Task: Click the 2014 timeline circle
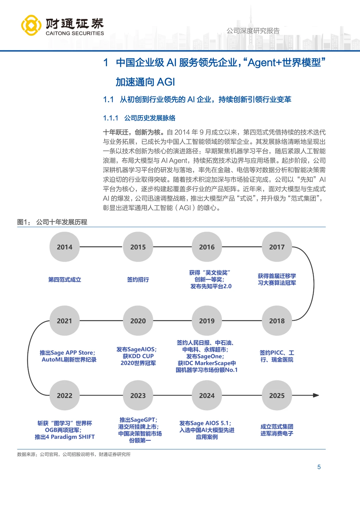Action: [64, 247]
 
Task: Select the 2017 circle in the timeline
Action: [277, 247]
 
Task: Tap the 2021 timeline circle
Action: [64, 321]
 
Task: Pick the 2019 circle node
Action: [207, 321]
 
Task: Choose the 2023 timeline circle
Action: [138, 395]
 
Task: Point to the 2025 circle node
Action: [277, 395]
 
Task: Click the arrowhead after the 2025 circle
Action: [316, 395]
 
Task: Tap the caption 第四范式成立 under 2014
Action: [65, 280]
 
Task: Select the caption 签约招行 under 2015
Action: [138, 280]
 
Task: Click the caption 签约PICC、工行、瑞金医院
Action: [277, 356]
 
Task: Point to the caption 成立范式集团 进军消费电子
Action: [277, 430]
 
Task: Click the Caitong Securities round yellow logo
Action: [31, 25]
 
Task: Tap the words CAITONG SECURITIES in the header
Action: [75, 33]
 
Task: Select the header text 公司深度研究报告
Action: [253, 31]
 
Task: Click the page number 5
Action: [319, 467]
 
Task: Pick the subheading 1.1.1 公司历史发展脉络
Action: [139, 118]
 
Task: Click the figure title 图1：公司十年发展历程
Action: [52, 222]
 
